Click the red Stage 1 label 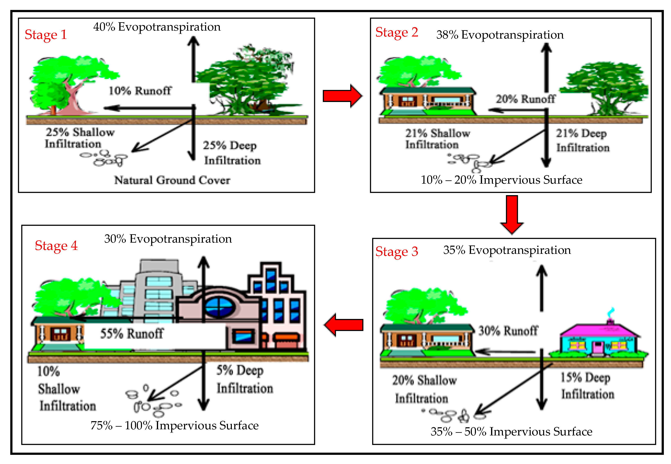46,35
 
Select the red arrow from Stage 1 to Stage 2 342,96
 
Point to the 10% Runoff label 140,91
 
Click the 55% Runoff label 132,333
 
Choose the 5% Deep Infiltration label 245,379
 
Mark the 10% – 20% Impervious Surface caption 501,180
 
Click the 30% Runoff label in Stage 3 508,331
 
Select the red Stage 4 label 56,246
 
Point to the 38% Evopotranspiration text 500,35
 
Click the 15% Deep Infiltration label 587,386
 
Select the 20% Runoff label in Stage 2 526,99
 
